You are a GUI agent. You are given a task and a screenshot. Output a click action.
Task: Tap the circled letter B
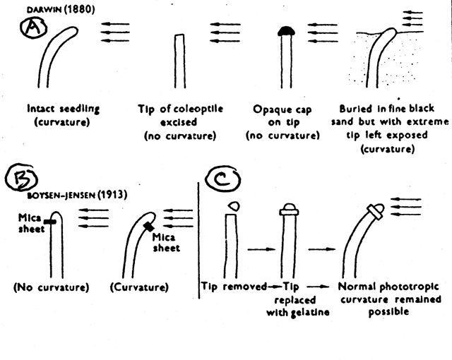pyautogui.click(x=21, y=177)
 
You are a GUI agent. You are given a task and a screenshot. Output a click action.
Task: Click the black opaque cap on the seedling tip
pyautogui.click(x=287, y=31)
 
